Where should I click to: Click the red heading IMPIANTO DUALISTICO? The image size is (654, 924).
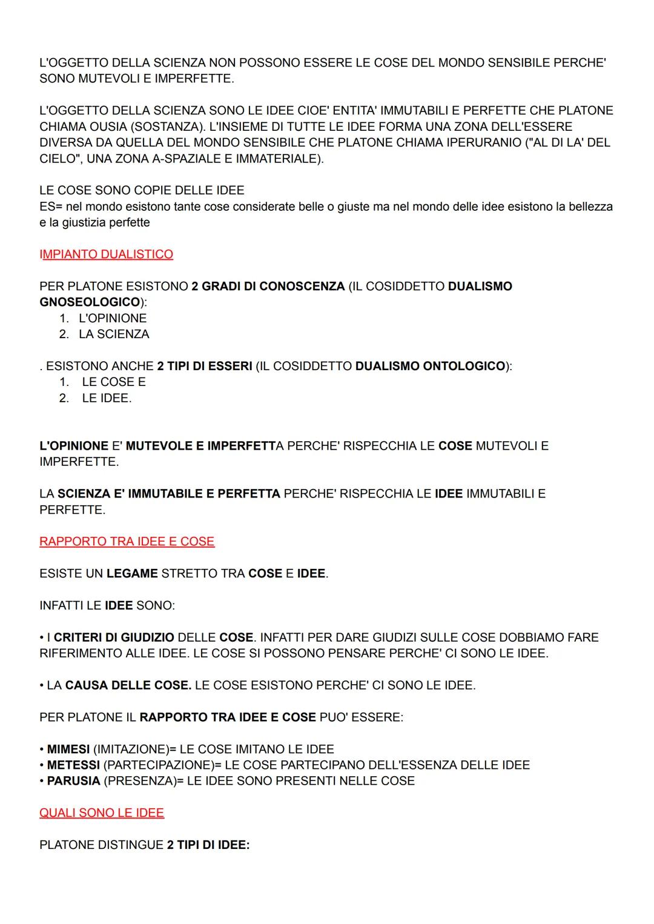point(106,254)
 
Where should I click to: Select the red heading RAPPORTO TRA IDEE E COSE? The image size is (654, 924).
point(127,542)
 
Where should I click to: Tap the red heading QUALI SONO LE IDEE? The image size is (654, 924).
point(102,813)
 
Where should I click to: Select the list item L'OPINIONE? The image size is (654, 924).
point(113,318)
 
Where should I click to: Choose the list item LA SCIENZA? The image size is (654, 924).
point(114,334)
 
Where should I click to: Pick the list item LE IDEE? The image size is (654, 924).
point(107,398)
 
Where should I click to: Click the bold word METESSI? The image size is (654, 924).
point(73,765)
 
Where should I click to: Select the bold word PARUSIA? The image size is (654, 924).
point(73,780)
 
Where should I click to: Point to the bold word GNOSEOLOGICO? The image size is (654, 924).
point(90,302)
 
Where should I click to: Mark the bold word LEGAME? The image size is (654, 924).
point(132,573)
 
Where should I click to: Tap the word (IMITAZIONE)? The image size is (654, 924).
point(131,749)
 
